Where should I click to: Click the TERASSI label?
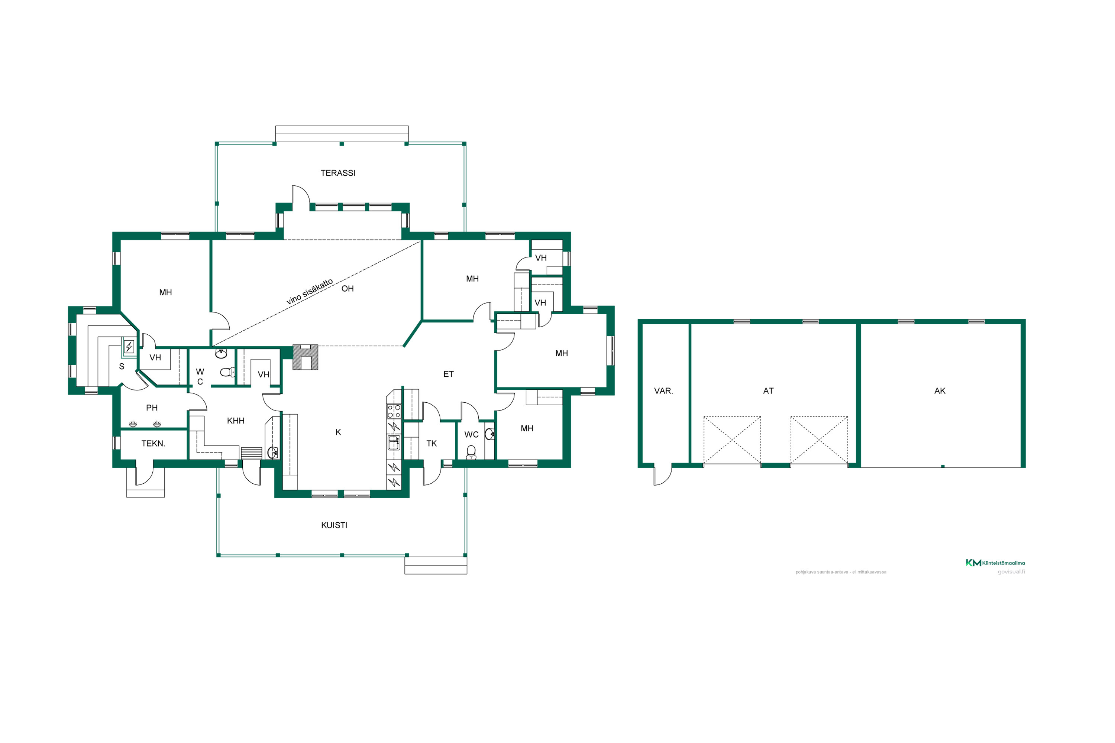337,173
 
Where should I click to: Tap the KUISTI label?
334,525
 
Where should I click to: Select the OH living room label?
348,289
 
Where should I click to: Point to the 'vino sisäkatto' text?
310,291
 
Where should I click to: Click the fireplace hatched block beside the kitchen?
305,357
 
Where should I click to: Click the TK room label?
432,444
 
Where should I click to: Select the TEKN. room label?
153,444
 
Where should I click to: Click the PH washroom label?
152,408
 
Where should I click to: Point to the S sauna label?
122,366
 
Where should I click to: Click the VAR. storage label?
663,391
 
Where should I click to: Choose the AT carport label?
769,391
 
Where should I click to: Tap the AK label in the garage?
940,391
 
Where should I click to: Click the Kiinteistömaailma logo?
995,562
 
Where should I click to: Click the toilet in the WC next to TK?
471,452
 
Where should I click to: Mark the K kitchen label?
338,432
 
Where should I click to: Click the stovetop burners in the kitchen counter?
394,411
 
